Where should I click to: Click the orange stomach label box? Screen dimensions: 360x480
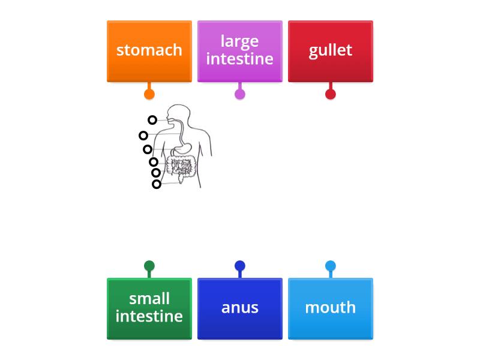(x=149, y=51)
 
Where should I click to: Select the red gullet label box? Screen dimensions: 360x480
(x=331, y=51)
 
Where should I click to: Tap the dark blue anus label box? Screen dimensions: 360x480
(x=240, y=308)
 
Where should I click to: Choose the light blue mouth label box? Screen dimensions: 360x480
(x=331, y=308)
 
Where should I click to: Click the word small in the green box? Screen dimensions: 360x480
(x=149, y=299)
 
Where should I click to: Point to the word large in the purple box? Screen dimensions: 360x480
(x=239, y=41)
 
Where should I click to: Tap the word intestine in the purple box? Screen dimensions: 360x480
(x=239, y=59)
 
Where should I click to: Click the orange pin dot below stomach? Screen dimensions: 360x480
(x=149, y=94)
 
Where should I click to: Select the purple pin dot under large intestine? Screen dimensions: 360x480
(x=240, y=94)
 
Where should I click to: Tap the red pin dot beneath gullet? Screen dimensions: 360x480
(x=331, y=94)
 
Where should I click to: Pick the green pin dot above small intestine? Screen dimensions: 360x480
(x=149, y=266)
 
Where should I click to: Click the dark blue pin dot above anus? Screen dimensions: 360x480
(x=240, y=266)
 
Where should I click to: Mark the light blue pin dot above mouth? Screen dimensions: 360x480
(x=331, y=266)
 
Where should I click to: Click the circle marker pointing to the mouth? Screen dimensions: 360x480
(x=152, y=120)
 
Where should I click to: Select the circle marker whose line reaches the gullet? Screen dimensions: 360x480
(x=143, y=136)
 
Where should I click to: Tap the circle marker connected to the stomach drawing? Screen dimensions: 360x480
(x=148, y=149)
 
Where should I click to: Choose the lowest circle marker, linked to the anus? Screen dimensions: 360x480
(x=157, y=184)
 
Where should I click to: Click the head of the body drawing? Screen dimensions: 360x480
(x=179, y=115)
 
